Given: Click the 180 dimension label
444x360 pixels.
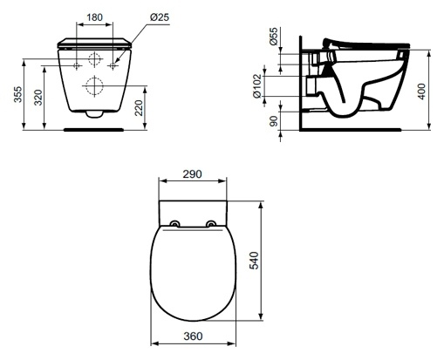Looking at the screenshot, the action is point(95,17).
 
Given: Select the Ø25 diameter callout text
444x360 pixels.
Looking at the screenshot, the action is point(160,17).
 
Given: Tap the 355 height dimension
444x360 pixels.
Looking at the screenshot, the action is point(18,94).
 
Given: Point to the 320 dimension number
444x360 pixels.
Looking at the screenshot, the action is point(38,98).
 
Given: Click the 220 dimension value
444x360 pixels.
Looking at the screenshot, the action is point(139,108).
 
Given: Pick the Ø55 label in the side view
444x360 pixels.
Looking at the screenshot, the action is point(274,37).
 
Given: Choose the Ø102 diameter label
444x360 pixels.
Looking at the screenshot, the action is point(257,86).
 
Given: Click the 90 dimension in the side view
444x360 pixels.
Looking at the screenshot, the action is point(274,121).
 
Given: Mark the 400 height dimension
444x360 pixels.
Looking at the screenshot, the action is point(421,92).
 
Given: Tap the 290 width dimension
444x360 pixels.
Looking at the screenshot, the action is point(192,174).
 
